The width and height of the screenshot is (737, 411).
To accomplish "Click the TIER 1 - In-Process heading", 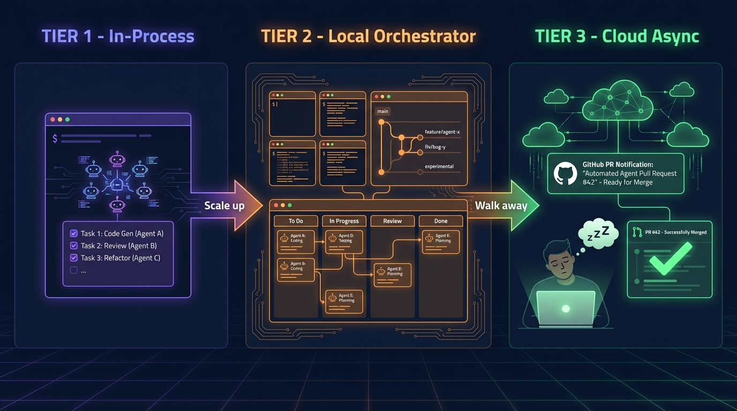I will [x=118, y=36].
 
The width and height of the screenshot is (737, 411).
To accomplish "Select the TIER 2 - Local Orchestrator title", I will [x=368, y=36].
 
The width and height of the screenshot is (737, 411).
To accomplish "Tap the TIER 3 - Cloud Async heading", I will [x=617, y=36].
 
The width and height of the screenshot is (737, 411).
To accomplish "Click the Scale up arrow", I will [x=224, y=206].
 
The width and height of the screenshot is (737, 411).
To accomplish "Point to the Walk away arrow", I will [x=501, y=206].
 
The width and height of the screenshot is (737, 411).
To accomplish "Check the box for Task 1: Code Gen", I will [x=74, y=233].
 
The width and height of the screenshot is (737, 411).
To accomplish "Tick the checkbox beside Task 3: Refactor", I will [x=74, y=258].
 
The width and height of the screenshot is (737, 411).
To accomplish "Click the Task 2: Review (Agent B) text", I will [x=118, y=246].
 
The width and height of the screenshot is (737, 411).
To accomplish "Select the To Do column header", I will [x=296, y=221].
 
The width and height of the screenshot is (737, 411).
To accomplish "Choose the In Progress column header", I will [x=344, y=221].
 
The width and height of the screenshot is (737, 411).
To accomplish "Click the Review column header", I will [x=392, y=221].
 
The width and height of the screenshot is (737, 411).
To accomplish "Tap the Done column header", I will [x=440, y=221].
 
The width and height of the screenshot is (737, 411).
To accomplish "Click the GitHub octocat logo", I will [x=565, y=173].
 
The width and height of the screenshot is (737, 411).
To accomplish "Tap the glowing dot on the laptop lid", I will [x=565, y=309].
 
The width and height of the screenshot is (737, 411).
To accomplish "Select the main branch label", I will [x=382, y=111].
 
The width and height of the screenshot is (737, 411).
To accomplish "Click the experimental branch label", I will [x=439, y=166].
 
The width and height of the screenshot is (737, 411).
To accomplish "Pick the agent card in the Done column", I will [x=440, y=241].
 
